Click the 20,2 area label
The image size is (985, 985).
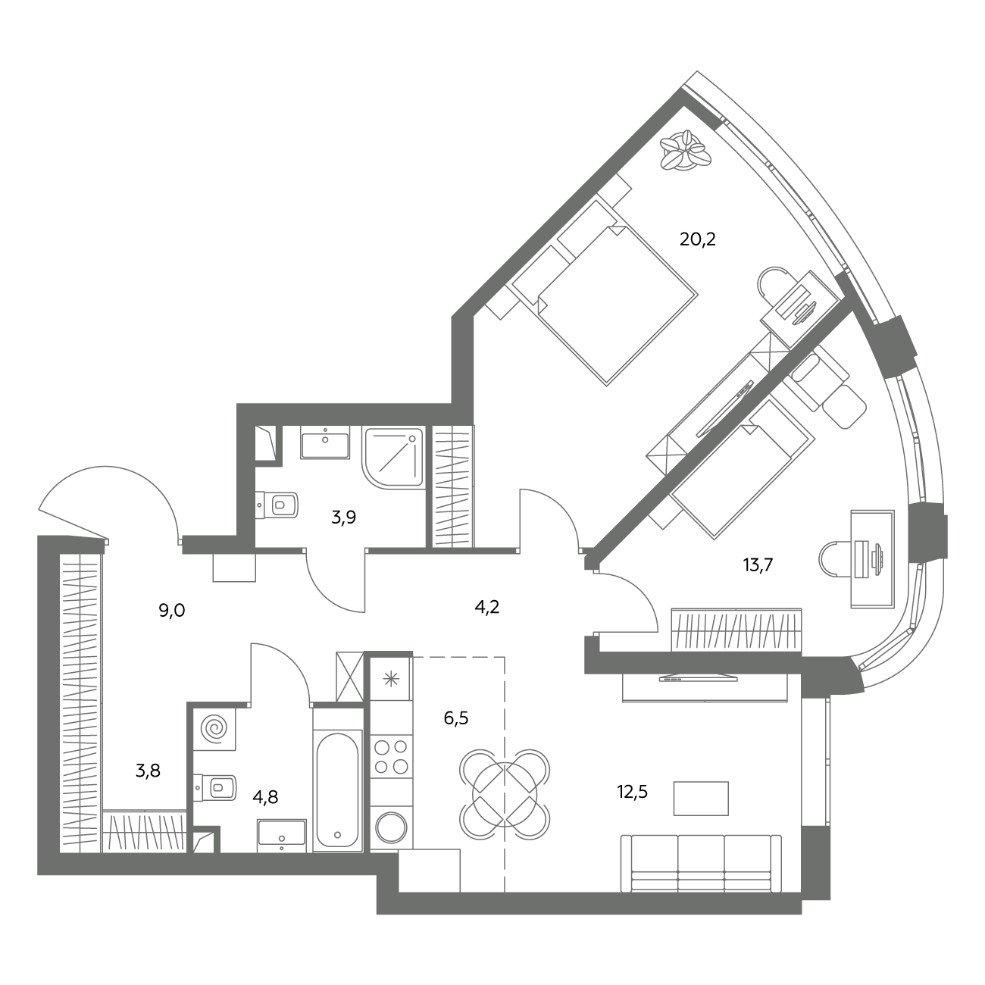click(697, 239)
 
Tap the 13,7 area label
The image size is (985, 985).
click(757, 564)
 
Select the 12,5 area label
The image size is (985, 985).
click(633, 792)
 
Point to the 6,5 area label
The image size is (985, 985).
click(456, 718)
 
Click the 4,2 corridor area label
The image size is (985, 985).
click(486, 607)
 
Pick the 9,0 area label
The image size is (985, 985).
click(172, 611)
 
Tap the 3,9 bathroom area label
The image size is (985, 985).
click(343, 518)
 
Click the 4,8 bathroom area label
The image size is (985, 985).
click(265, 796)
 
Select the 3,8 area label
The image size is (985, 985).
click(148, 771)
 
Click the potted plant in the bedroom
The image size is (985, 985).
click(685, 150)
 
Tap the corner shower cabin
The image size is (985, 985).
click(393, 457)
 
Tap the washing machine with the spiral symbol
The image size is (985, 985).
click(214, 729)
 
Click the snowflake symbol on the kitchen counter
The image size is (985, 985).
click(390, 679)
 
